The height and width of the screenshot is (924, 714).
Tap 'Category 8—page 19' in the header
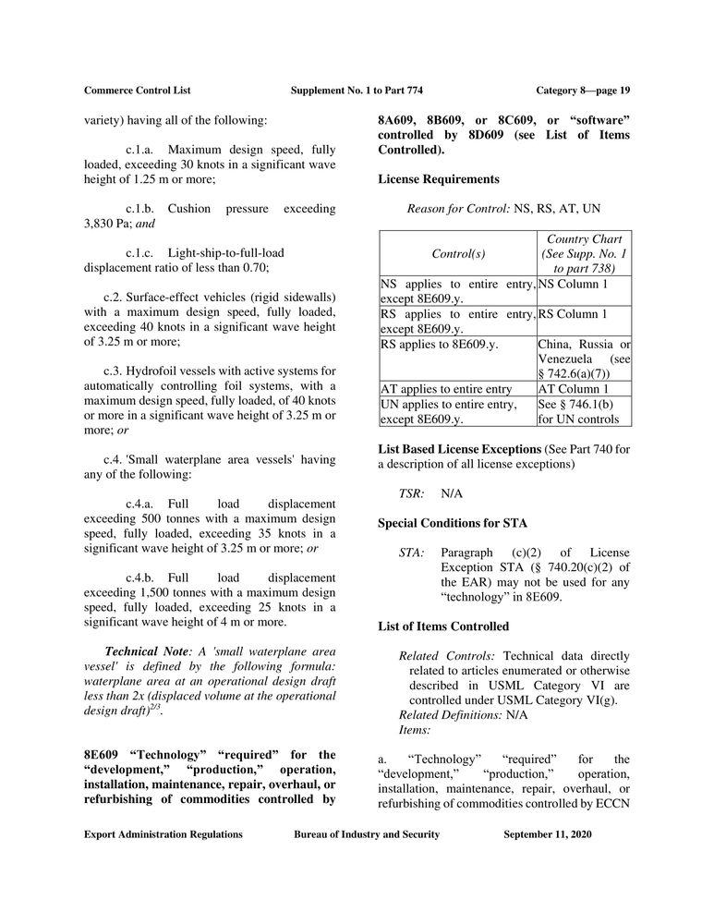coord(583,90)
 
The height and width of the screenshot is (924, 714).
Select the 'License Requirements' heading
coord(438,178)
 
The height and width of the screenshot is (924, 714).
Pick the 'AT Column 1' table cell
coord(573,389)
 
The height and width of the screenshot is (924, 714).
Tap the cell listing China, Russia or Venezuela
coord(584,359)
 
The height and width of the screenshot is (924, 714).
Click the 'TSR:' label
coord(411,494)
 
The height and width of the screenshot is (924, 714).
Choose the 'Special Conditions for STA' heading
coord(453,523)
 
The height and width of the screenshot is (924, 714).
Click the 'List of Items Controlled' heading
coord(443,626)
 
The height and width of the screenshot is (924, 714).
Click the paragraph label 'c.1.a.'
coord(143,149)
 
